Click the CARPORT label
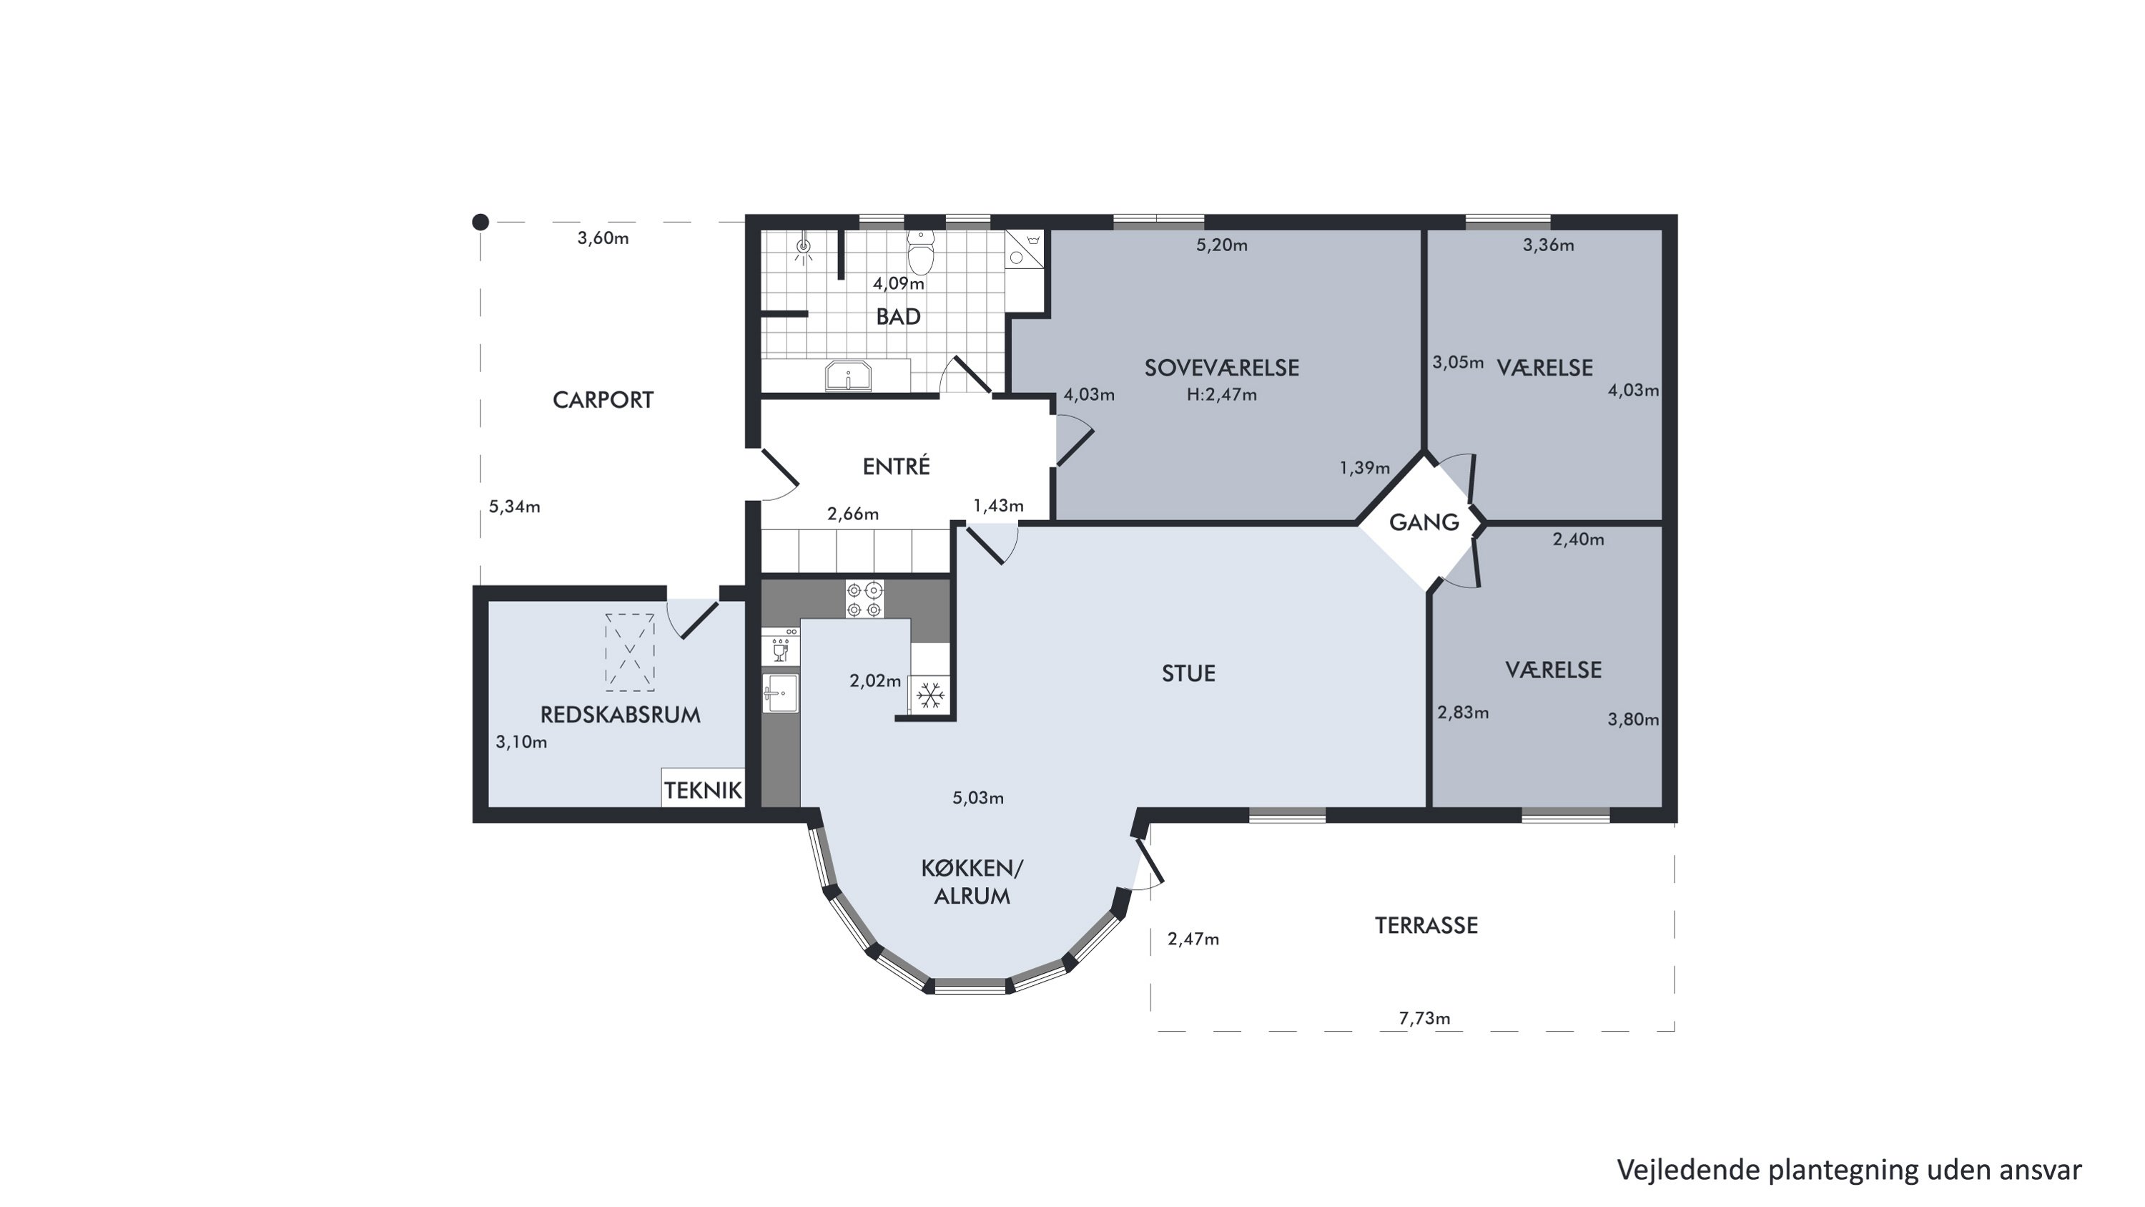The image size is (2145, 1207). tap(603, 400)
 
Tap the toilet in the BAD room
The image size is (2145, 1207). tap(920, 252)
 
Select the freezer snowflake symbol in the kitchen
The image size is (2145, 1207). tap(929, 695)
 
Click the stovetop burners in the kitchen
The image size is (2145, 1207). tap(864, 600)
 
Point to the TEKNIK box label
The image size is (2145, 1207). tap(703, 791)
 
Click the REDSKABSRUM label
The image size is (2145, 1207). tap(621, 715)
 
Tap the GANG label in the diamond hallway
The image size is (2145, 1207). tap(1424, 522)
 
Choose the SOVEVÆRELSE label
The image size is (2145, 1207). tap(1221, 367)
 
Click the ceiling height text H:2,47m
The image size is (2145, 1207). tap(1221, 395)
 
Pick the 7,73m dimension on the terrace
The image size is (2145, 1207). tap(1424, 1018)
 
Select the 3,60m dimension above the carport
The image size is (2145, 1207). tap(603, 238)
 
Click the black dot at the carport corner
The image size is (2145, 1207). tap(480, 222)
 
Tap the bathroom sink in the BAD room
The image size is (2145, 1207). tap(848, 376)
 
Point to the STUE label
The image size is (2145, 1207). tap(1188, 673)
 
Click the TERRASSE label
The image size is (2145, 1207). tap(1426, 925)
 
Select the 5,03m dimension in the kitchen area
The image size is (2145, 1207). tap(977, 798)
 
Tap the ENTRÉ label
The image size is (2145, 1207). tap(896, 466)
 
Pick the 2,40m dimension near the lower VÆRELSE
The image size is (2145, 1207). tap(1578, 539)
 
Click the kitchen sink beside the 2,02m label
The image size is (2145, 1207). tap(780, 694)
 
